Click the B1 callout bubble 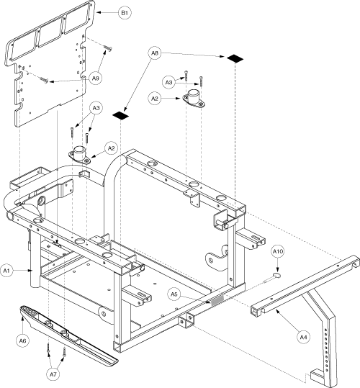[125, 13]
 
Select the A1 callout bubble [6, 271]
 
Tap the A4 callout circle [303, 337]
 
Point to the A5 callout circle [174, 294]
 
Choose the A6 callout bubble [22, 340]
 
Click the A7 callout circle [53, 374]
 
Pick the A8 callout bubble [155, 53]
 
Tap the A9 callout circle [96, 78]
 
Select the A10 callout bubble [278, 251]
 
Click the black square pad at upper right [235, 58]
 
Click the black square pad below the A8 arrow [121, 115]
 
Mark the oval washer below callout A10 [276, 275]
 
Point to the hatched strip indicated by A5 [215, 300]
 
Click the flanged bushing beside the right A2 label [194, 99]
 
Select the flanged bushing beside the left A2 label [80, 155]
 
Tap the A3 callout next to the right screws [168, 82]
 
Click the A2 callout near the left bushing [112, 148]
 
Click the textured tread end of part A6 [30, 311]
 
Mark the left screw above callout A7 [48, 348]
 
